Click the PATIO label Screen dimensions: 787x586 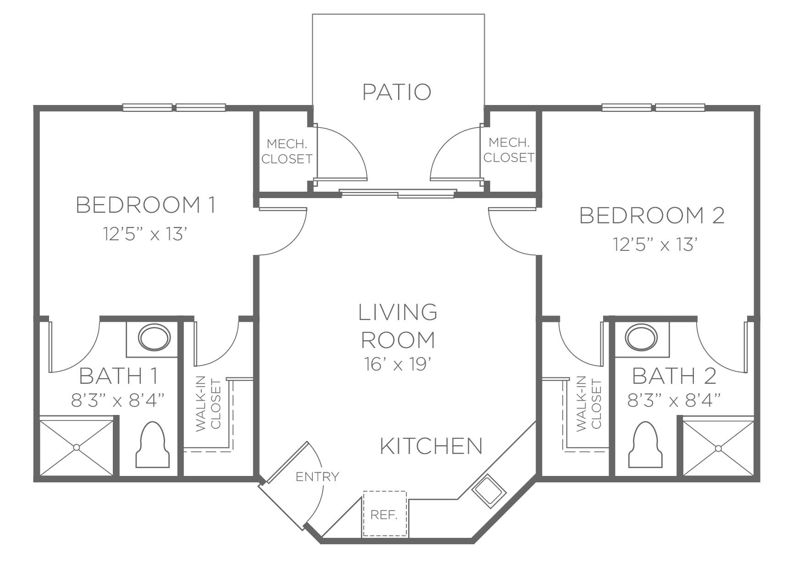pyautogui.click(x=397, y=92)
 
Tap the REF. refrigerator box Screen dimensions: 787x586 pyautogui.click(x=385, y=514)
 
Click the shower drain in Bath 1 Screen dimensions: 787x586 pyautogui.click(x=77, y=447)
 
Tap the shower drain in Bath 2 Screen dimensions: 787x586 pyautogui.click(x=718, y=448)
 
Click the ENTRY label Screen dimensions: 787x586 pyautogui.click(x=317, y=477)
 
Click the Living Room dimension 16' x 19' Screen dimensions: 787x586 pyautogui.click(x=397, y=365)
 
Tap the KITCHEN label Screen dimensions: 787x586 pyautogui.click(x=432, y=446)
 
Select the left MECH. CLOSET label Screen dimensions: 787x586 pyautogui.click(x=287, y=151)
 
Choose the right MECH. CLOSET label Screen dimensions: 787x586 pyautogui.click(x=509, y=150)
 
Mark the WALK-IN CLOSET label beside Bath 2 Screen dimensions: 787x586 pyautogui.click(x=588, y=404)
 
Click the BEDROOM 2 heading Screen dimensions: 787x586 pyautogui.click(x=652, y=216)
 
